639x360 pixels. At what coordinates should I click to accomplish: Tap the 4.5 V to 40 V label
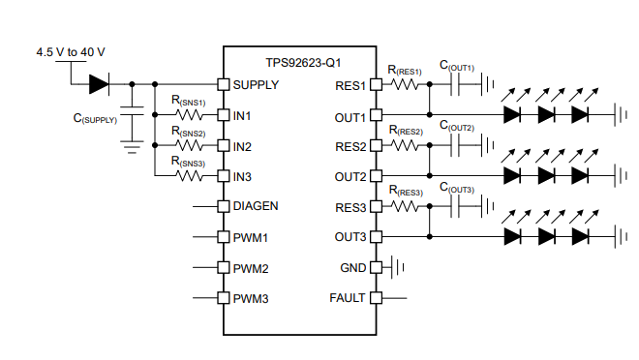coord(70,50)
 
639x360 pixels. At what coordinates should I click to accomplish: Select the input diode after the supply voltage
coord(99,85)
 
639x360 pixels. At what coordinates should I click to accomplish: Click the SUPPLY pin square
coord(223,85)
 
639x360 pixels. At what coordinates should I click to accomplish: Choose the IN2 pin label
coord(242,147)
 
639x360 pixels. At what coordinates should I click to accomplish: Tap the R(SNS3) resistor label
coord(188,162)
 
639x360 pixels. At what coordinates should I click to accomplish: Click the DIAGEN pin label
coord(257,206)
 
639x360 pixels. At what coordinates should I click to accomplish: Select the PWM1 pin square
coord(223,237)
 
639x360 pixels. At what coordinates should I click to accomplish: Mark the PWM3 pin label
coord(251,298)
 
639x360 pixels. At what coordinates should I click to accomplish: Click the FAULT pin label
coord(348,298)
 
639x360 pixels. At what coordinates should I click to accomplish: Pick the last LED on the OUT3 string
coord(580,237)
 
